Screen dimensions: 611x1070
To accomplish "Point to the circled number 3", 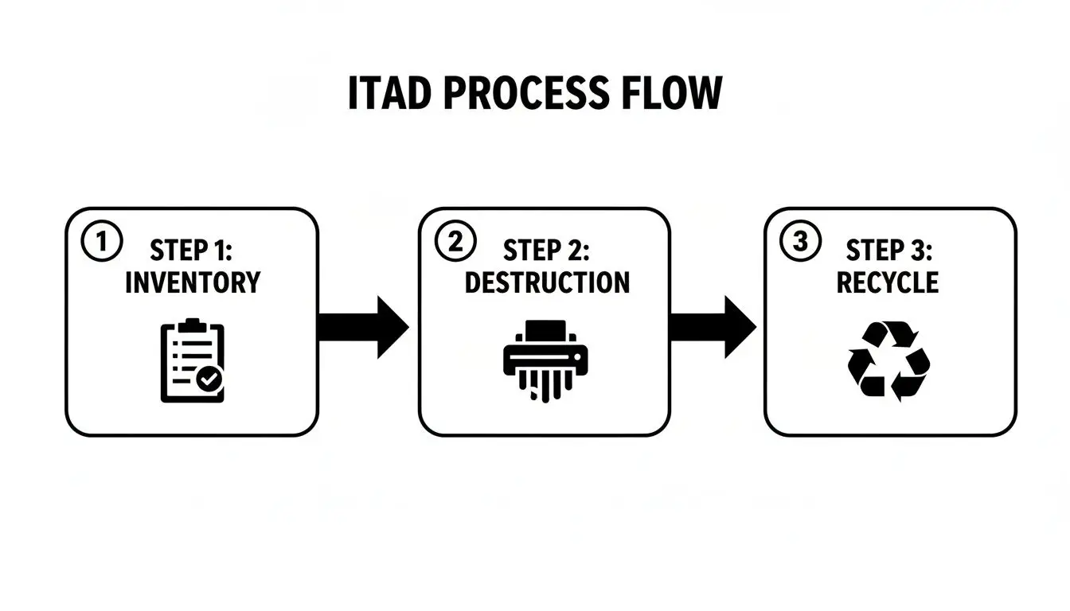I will [799, 242].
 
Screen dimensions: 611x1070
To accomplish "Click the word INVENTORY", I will [193, 282].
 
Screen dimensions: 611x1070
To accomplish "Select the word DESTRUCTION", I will [546, 282].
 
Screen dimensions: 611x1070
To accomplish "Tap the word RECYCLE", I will [887, 282].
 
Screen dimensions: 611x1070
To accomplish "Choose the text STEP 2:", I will [546, 251].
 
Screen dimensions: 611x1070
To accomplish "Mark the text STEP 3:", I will [887, 251].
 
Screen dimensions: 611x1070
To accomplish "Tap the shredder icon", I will [545, 359].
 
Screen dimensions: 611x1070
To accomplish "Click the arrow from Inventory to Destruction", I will [363, 327].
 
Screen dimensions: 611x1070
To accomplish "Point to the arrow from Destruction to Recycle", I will [712, 327].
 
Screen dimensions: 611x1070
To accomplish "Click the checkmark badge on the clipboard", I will [210, 380].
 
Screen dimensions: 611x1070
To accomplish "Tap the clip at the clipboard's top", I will [189, 325].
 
